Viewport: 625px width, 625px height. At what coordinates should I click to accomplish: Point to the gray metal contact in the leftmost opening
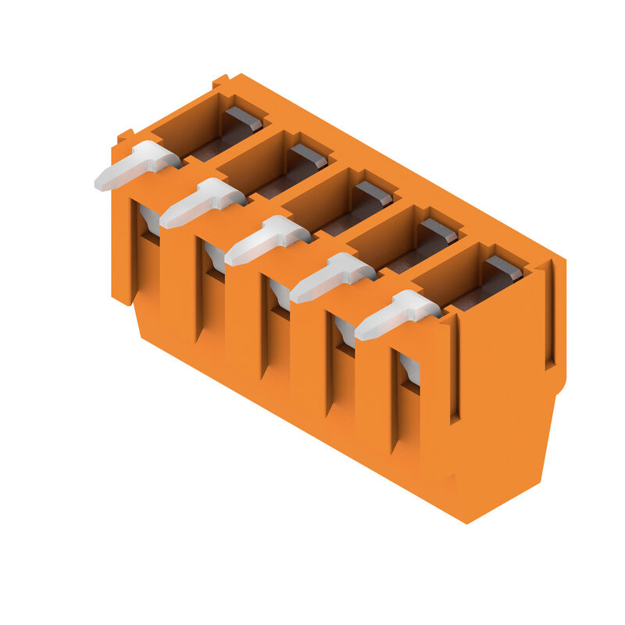pos(245,118)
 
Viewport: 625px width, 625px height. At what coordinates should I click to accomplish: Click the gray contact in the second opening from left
pos(309,155)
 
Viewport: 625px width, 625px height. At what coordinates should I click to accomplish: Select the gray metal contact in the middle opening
pos(374,193)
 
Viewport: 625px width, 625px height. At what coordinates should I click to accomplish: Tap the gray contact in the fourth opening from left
pos(439,230)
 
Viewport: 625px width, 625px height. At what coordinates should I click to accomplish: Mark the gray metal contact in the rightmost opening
pos(504,267)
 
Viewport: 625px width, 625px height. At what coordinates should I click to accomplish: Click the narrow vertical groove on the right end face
pos(550,312)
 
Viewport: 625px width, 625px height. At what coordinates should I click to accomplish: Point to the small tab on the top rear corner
pos(220,80)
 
